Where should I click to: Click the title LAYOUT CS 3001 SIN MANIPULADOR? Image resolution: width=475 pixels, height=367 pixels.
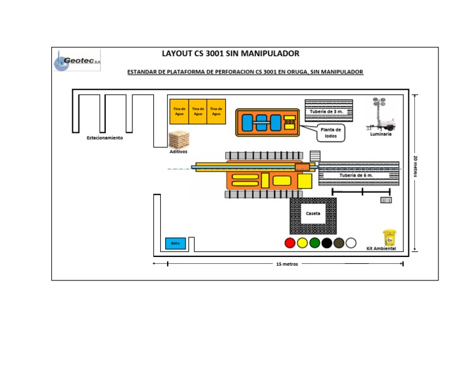pyautogui.click(x=231, y=54)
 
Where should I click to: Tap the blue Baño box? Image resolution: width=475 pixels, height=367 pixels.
pyautogui.click(x=175, y=243)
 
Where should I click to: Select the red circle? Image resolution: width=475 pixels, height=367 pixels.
pyautogui.click(x=290, y=243)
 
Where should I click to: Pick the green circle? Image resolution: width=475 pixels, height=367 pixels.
pyautogui.click(x=315, y=243)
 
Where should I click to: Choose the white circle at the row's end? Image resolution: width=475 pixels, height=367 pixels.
pyautogui.click(x=351, y=243)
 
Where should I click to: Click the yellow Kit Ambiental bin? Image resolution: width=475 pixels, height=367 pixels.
pyautogui.click(x=389, y=238)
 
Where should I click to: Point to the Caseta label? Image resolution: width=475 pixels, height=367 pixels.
pyautogui.click(x=313, y=214)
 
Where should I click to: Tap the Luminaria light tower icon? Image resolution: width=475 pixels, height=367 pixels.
pyautogui.click(x=380, y=114)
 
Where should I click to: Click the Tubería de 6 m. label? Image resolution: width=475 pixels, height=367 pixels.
pyautogui.click(x=356, y=175)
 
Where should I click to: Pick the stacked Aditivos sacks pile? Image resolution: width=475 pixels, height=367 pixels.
pyautogui.click(x=179, y=140)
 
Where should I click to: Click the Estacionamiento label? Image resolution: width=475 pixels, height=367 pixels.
pyautogui.click(x=105, y=138)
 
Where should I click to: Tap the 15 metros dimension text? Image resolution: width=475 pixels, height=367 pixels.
pyautogui.click(x=287, y=264)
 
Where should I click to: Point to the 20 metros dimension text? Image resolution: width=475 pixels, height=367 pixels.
pyautogui.click(x=415, y=166)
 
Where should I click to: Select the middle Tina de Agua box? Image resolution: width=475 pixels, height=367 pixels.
pyautogui.click(x=198, y=111)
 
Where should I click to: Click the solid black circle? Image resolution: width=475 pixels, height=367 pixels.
pyautogui.click(x=327, y=243)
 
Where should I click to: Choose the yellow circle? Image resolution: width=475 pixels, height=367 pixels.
pyautogui.click(x=302, y=243)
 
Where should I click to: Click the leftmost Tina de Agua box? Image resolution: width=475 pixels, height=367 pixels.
pyautogui.click(x=179, y=111)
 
